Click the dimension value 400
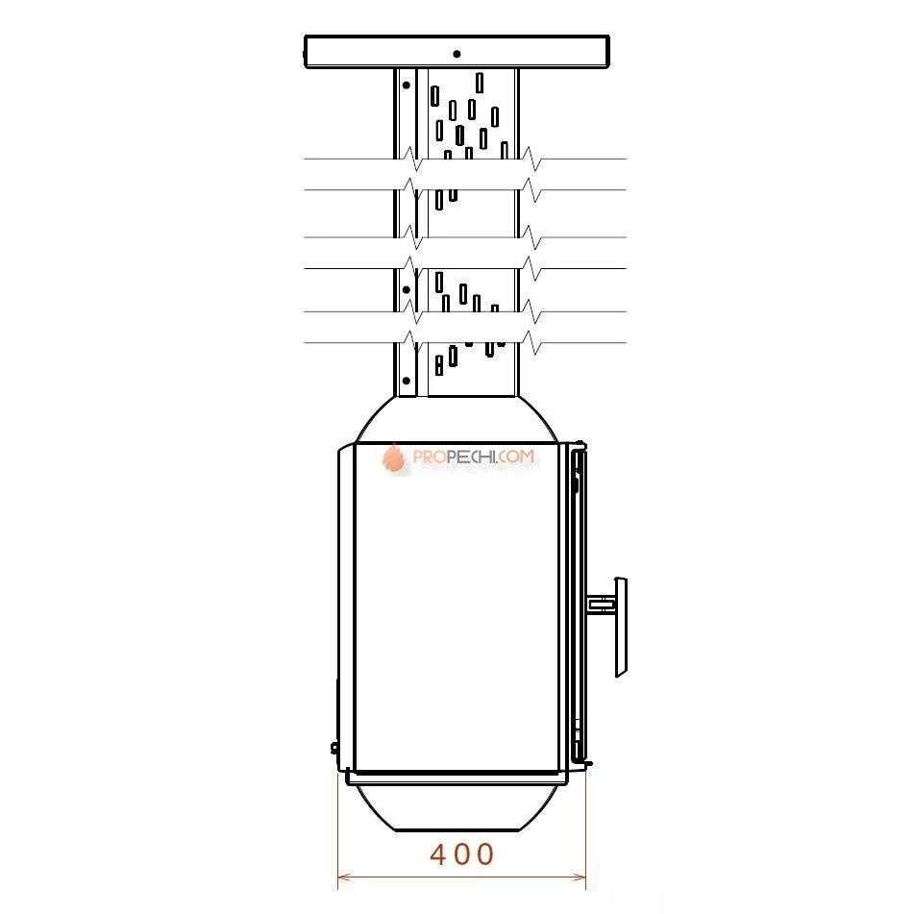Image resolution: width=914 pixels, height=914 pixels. (x=461, y=854)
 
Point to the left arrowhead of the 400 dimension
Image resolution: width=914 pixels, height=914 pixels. (x=343, y=877)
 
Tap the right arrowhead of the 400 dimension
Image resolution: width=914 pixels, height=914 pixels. (x=580, y=877)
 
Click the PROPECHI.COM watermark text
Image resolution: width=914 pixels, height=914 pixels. (x=473, y=457)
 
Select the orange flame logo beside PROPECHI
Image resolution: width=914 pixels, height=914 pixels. (x=394, y=457)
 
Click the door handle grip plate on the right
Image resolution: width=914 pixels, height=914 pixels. (x=621, y=628)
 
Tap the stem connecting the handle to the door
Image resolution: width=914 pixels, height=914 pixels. (x=602, y=604)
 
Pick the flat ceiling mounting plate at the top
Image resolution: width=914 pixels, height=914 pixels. (x=457, y=52)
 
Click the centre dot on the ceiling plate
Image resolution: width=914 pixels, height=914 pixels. (x=457, y=54)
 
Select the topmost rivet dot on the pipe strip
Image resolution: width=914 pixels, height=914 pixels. (x=407, y=86)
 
